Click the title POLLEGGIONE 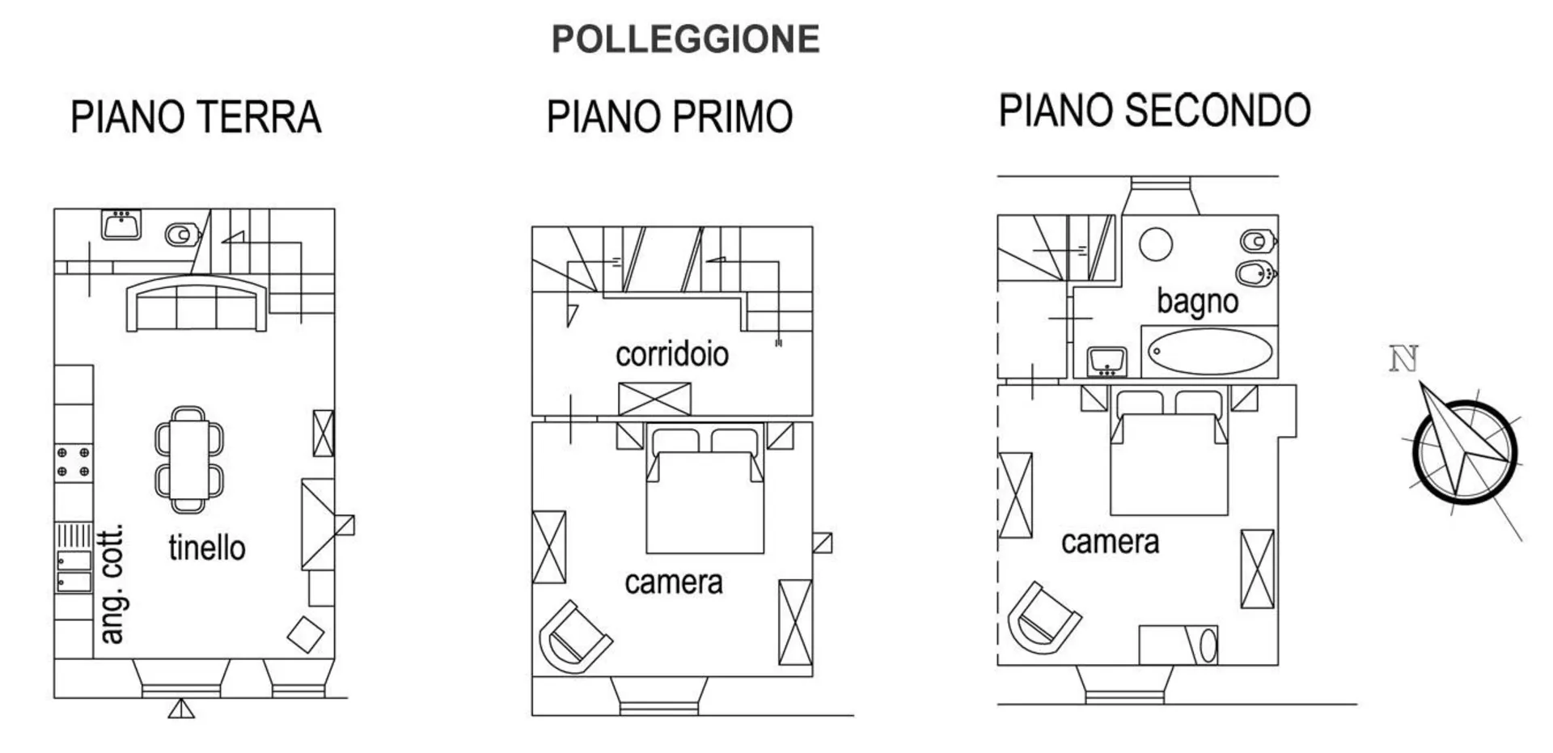685,40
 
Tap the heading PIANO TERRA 196,117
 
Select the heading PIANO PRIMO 669,116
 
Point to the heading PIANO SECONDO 1154,111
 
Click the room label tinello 206,548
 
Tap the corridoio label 671,354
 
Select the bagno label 1196,301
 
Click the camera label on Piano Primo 673,582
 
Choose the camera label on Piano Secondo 1110,542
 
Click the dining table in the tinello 189,459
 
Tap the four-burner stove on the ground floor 73,463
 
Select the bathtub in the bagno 1209,352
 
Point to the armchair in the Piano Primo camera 573,638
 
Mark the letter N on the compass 1403,358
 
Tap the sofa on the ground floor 196,305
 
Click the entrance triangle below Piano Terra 181,709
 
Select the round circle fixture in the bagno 1155,244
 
